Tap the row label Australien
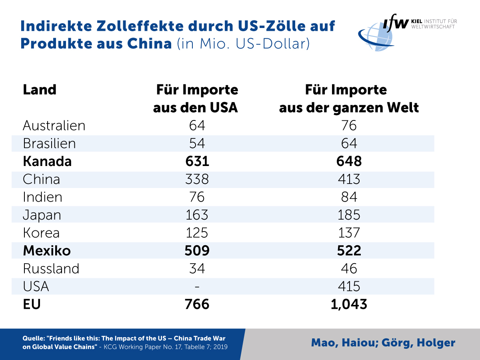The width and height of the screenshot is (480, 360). click(54, 126)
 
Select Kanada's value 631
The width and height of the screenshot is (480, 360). click(197, 161)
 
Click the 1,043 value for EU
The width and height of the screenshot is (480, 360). click(349, 304)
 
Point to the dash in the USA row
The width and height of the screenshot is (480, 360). click(197, 287)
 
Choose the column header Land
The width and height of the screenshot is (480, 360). click(40, 90)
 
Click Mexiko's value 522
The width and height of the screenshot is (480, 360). click(349, 251)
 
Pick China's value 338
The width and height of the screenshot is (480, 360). click(197, 179)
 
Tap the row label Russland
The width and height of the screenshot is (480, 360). click(51, 268)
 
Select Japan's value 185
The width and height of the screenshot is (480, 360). click(349, 215)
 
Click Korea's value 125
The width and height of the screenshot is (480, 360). click(197, 233)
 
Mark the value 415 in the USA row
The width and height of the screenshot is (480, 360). click(349, 286)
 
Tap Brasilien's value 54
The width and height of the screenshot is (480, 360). click(197, 144)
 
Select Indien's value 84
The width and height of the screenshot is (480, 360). click(349, 197)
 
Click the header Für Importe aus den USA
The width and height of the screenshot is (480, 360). click(196, 99)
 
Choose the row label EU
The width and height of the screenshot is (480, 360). click(32, 304)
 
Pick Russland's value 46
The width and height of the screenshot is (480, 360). click(349, 268)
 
